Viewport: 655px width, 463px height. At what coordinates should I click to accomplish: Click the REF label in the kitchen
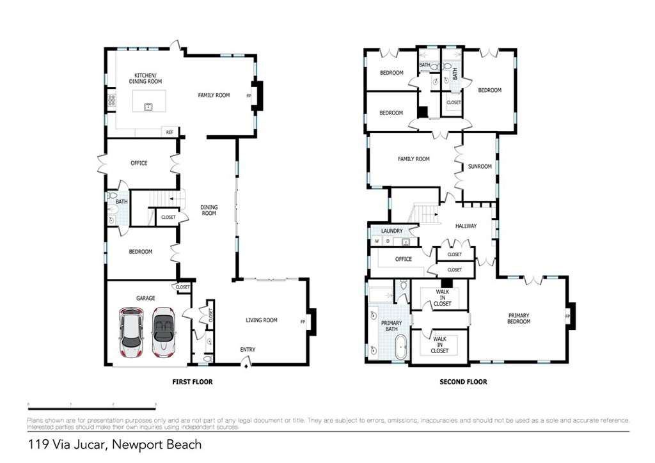pos(170,132)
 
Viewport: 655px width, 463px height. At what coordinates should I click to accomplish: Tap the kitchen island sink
pos(148,106)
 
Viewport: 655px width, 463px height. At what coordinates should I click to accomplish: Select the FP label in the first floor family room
pos(248,96)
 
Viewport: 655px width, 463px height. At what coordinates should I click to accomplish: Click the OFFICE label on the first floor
pos(139,163)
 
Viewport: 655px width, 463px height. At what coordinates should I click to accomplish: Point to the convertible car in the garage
pos(163,333)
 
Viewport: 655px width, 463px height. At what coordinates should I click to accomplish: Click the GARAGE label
pos(146,298)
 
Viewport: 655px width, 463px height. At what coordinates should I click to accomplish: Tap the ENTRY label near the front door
pos(248,349)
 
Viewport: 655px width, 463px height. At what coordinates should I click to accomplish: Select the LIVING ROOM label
pos(262,320)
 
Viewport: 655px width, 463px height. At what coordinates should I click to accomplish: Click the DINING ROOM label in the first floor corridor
pos(209,210)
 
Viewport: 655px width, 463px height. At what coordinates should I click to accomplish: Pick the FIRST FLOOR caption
pos(192,382)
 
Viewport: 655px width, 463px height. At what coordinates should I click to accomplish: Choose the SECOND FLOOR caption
pos(463,382)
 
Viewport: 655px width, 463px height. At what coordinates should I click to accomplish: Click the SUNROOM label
pos(480,166)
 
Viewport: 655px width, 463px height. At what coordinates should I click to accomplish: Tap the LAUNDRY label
pos(391,231)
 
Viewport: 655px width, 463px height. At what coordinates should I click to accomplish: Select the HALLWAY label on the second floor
pos(466,226)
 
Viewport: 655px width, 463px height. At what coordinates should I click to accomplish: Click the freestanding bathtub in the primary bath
pos(401,347)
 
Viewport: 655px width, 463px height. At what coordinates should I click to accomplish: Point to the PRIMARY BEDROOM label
pos(519,318)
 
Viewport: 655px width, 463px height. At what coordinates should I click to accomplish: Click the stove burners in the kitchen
pos(111,100)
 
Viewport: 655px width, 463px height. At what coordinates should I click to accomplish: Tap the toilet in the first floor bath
pos(113,196)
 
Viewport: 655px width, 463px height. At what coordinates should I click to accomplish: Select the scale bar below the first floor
pos(92,408)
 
